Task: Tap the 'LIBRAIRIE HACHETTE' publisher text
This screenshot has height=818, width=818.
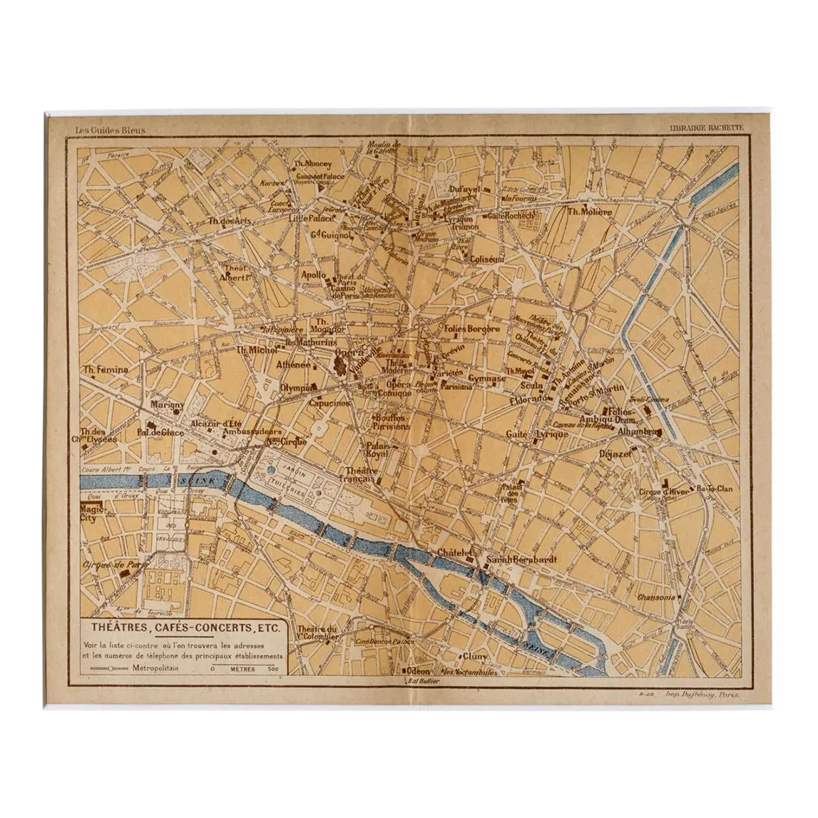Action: click(x=706, y=128)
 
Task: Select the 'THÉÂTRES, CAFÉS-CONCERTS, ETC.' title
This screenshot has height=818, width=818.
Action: click(x=185, y=628)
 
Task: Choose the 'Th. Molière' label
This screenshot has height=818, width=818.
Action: click(x=589, y=212)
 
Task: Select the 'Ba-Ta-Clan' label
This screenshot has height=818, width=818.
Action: click(x=715, y=489)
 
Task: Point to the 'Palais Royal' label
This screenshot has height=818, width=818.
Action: click(x=377, y=449)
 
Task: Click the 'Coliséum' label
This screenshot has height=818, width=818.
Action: click(x=487, y=260)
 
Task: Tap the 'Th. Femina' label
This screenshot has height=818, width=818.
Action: click(x=106, y=369)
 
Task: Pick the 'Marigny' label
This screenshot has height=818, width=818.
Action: click(x=168, y=404)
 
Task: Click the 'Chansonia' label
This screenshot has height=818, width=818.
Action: click(x=655, y=598)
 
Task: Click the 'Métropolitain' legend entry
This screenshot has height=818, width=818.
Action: click(x=155, y=669)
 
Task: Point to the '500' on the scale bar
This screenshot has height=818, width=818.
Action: click(x=272, y=670)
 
